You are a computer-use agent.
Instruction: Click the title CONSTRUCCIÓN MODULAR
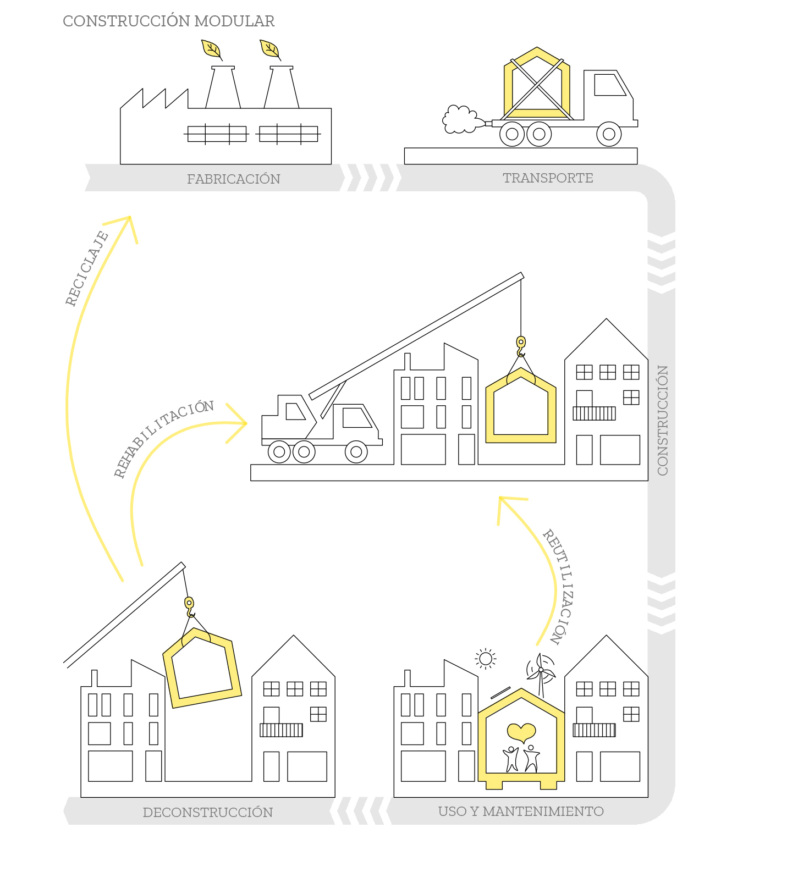click(168, 21)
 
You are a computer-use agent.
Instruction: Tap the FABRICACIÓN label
click(233, 179)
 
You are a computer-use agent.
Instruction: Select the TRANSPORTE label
click(548, 178)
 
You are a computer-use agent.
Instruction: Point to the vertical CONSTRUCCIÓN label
click(663, 420)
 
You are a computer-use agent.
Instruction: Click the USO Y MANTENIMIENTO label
click(521, 812)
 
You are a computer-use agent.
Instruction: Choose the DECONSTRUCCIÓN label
click(207, 813)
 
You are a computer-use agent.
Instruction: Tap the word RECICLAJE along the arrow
click(87, 268)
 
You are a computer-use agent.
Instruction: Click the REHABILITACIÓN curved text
click(163, 438)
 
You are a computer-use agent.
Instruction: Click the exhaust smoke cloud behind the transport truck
click(459, 119)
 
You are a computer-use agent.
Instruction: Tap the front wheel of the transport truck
click(609, 134)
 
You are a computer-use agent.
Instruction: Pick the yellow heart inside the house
click(521, 732)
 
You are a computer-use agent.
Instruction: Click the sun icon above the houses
click(486, 658)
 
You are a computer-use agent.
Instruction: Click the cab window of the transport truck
click(609, 85)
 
